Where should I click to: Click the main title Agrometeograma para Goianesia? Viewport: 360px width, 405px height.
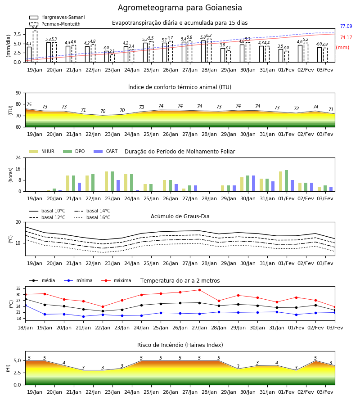[x=180, y=8]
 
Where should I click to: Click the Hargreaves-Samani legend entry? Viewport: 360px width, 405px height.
[x=57, y=17]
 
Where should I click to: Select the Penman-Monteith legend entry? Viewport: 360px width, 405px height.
[x=55, y=24]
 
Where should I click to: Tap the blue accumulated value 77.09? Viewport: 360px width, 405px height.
[x=346, y=27]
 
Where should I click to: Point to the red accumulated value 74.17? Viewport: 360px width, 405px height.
[x=346, y=38]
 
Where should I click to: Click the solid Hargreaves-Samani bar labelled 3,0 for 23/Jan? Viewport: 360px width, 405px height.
[x=107, y=57]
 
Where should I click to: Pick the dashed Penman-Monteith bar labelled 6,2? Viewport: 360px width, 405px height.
[x=209, y=50]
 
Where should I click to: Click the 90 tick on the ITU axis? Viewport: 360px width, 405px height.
[x=18, y=93]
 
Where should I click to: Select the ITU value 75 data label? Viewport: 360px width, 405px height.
[x=29, y=104]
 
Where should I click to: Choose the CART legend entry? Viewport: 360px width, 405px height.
[x=106, y=151]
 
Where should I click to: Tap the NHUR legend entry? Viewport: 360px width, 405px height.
[x=42, y=151]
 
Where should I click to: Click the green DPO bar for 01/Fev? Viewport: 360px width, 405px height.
[x=286, y=181]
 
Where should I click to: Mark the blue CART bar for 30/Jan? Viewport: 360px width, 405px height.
[x=254, y=184]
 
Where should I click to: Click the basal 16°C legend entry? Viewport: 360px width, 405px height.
[x=92, y=217]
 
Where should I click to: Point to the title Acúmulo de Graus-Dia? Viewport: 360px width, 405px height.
[x=180, y=216]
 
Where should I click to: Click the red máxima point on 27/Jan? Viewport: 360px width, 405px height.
[x=200, y=290]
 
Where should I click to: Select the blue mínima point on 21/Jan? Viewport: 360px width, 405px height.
[x=83, y=316]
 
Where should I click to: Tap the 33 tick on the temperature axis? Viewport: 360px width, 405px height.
[x=18, y=288]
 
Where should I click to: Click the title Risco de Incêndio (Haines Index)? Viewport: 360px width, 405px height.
[x=180, y=345]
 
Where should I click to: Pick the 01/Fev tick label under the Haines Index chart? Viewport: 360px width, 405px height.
[x=286, y=392]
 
